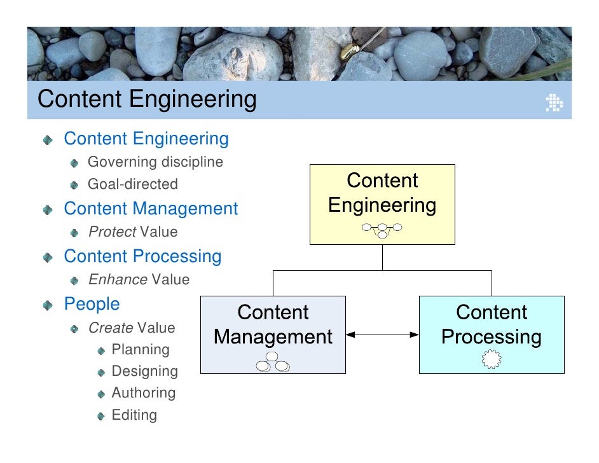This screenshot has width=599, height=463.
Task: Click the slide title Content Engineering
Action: (x=147, y=100)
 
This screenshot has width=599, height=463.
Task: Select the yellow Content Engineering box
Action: (x=382, y=204)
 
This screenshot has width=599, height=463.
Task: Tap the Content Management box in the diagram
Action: (x=273, y=334)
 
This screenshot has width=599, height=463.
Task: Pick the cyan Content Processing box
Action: (x=491, y=334)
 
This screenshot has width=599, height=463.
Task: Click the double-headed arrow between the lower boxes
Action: (x=382, y=334)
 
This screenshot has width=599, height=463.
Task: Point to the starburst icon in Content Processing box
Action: (x=491, y=360)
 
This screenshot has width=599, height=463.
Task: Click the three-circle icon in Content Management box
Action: (x=273, y=363)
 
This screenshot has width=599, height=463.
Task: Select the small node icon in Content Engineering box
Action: (x=382, y=230)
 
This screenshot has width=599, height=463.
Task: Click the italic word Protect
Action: (x=112, y=232)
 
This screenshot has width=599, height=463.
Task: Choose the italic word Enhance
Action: (x=118, y=280)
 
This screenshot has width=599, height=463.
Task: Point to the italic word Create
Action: (x=111, y=328)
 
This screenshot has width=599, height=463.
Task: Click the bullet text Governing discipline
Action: (x=155, y=162)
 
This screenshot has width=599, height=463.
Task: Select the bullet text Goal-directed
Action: (x=132, y=184)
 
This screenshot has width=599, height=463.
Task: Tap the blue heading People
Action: (x=92, y=304)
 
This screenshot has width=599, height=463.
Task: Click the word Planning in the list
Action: (x=141, y=350)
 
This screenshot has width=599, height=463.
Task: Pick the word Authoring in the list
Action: (x=143, y=393)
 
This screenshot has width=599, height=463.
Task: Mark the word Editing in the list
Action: (x=134, y=415)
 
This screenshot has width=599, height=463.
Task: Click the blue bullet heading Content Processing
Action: (x=142, y=256)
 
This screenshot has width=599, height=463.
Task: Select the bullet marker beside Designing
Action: (x=102, y=372)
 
